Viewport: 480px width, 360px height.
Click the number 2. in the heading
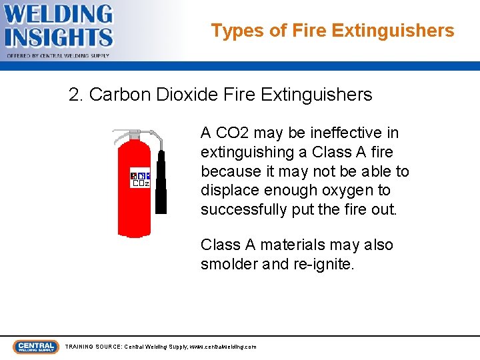pos(76,95)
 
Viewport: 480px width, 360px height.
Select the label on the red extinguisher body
pos(140,178)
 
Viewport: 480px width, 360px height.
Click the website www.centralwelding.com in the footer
pos(223,347)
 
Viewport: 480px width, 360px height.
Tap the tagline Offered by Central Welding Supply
pos(59,56)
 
